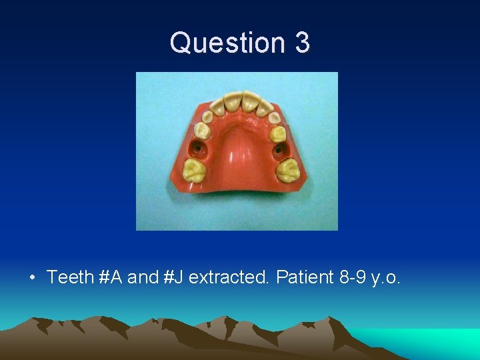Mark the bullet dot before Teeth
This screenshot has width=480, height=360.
pyautogui.click(x=33, y=277)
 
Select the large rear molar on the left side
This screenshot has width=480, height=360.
pyautogui.click(x=193, y=171)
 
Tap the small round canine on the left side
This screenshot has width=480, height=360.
pyautogui.click(x=207, y=117)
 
